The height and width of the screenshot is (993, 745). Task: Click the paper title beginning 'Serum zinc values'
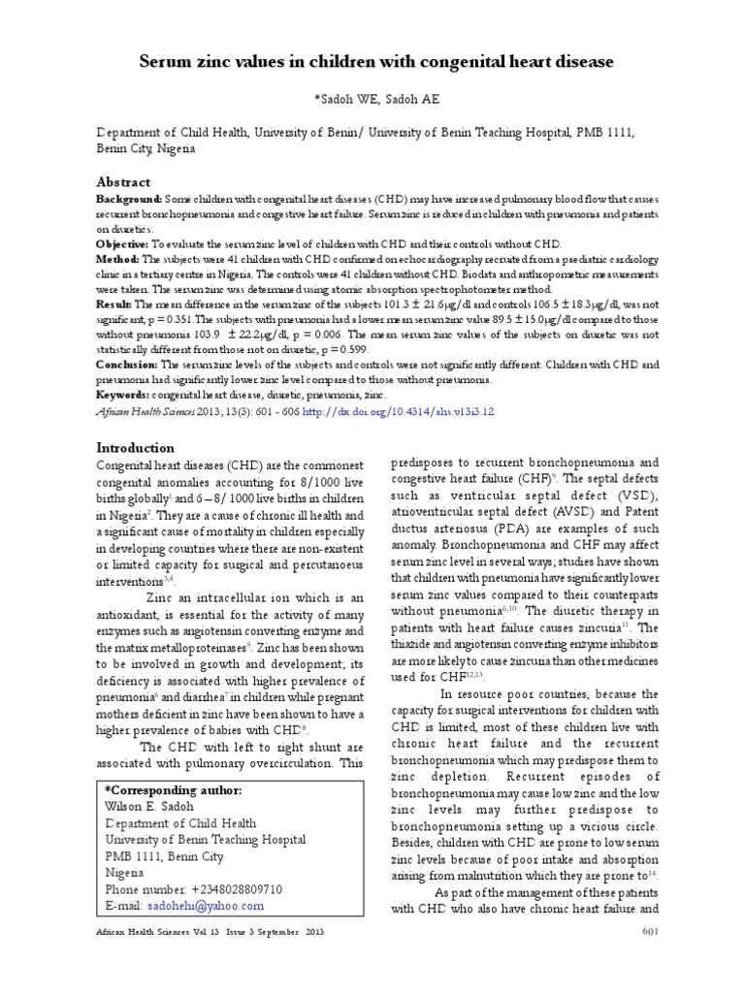tap(372, 62)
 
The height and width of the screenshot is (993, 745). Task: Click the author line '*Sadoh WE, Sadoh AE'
tap(372, 99)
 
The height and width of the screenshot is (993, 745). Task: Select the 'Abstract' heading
tap(122, 181)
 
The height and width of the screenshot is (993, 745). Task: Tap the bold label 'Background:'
tap(128, 198)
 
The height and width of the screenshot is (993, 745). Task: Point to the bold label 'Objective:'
tap(121, 243)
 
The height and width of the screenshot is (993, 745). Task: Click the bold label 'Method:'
tap(117, 259)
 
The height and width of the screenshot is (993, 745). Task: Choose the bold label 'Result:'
tap(115, 304)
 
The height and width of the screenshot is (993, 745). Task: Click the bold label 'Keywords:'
tap(123, 396)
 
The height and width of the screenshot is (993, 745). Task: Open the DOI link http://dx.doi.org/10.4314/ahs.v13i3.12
tap(400, 411)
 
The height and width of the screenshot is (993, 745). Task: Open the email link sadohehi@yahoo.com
tap(205, 905)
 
